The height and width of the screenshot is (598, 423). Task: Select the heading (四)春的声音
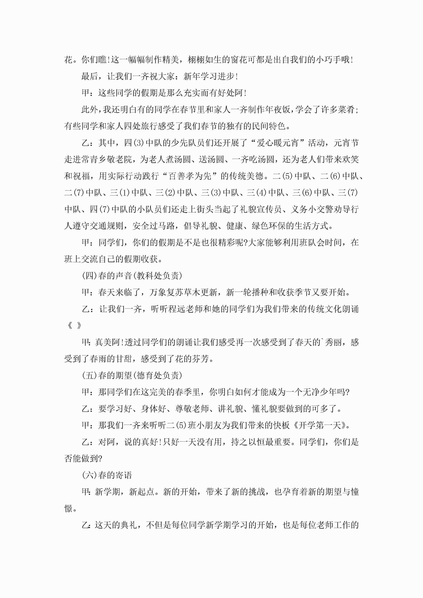click(x=107, y=276)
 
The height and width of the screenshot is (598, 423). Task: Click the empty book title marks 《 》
click(x=74, y=326)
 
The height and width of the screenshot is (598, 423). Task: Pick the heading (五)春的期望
click(x=107, y=376)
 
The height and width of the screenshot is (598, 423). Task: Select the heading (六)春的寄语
click(x=107, y=475)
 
